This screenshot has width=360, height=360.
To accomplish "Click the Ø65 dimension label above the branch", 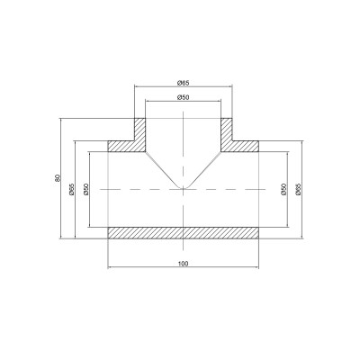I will click(184, 81).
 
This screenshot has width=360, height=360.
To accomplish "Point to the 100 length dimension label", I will click(184, 263).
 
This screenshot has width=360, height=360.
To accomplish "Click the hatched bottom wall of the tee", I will click(184, 232).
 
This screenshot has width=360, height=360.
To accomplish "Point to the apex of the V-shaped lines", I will click(184, 189).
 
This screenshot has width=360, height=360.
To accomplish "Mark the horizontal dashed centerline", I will click(135, 190).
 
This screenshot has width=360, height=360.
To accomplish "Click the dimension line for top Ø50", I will click(162, 101).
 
